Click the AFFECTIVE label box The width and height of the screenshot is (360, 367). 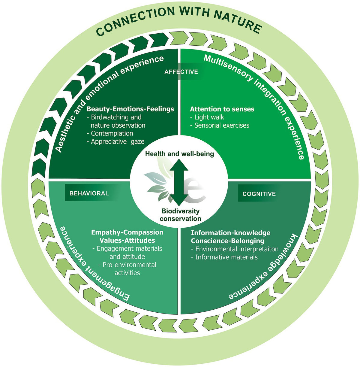(181, 72)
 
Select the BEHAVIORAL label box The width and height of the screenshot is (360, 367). (89, 193)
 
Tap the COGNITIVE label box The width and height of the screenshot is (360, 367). (259, 194)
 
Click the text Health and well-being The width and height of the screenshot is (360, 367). (179, 154)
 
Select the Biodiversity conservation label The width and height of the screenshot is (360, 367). (180, 215)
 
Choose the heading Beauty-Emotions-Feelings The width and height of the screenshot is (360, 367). (130, 109)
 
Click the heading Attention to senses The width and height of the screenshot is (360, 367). (222, 109)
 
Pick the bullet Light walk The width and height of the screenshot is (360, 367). (209, 117)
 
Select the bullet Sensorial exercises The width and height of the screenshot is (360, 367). (221, 125)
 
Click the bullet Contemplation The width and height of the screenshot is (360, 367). (112, 133)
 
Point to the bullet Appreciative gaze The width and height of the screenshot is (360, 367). (117, 141)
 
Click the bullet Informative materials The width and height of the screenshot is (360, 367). (226, 257)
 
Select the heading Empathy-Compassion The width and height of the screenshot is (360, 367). (127, 232)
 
